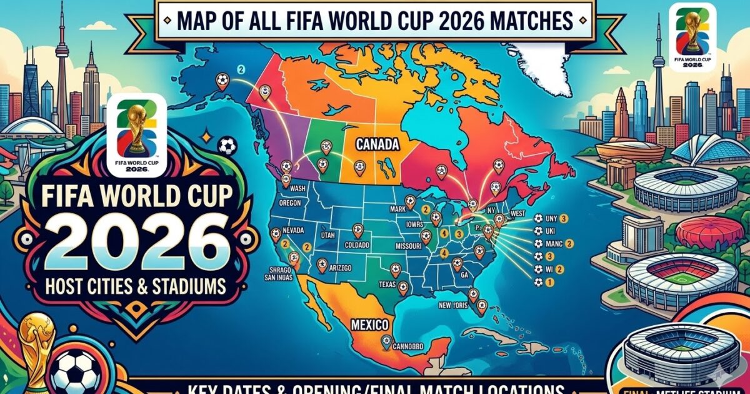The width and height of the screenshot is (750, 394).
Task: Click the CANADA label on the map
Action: pos(377,144)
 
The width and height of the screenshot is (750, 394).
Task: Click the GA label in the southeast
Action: pos(463,273)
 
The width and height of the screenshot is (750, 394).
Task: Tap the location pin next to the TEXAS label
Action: pos(402,288)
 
